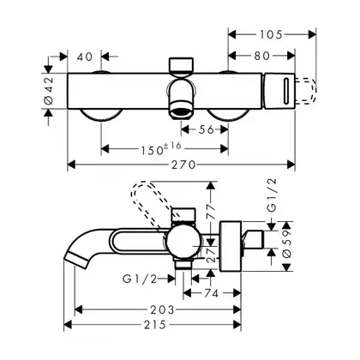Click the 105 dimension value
(271, 34)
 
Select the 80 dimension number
(262, 56)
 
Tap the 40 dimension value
(85, 57)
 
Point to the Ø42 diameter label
(49, 91)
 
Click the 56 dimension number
(207, 129)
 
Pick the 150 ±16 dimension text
(161, 148)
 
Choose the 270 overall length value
(183, 165)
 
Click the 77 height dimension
(211, 212)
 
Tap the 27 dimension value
(211, 255)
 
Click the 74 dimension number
(212, 293)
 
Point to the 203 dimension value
(162, 309)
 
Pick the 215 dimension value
(155, 325)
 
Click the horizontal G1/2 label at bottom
(140, 279)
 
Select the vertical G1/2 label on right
(272, 195)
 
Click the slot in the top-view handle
(286, 91)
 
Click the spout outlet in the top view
(181, 112)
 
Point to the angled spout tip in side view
(76, 259)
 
